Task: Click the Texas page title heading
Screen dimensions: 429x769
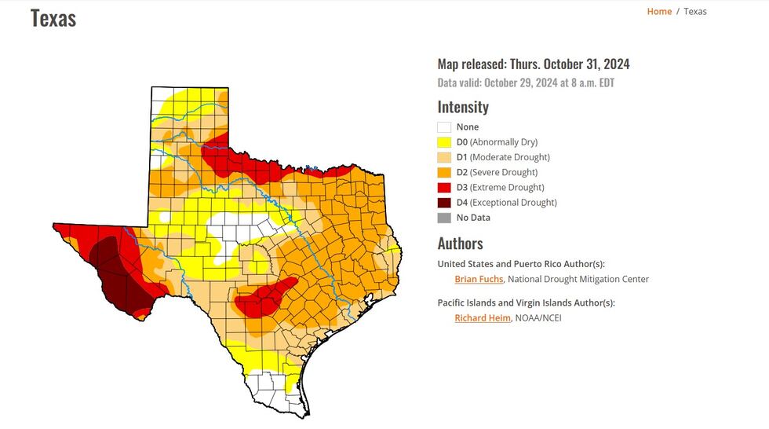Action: coord(53,18)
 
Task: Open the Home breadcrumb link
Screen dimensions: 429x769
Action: coord(659,11)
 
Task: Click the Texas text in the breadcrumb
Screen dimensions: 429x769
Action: coord(694,11)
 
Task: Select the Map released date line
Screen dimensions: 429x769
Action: coord(534,64)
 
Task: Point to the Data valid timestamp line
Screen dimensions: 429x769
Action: coord(526,82)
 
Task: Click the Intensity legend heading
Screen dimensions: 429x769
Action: coord(463,107)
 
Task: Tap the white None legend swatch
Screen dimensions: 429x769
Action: coord(444,127)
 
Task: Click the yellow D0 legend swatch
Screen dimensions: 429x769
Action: coord(444,142)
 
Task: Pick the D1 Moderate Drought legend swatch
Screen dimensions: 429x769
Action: coord(444,157)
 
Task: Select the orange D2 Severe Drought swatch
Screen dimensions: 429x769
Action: coord(444,172)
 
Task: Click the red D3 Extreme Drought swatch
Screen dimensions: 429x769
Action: coord(444,187)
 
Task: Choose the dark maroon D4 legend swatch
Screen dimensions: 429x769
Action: coord(444,202)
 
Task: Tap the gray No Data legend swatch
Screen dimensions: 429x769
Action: coord(444,218)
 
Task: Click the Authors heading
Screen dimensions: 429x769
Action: coord(460,244)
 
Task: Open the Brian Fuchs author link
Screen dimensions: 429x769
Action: coord(479,279)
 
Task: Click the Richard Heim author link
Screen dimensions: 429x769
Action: coord(482,318)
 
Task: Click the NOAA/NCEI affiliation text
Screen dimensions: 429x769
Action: coord(538,318)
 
